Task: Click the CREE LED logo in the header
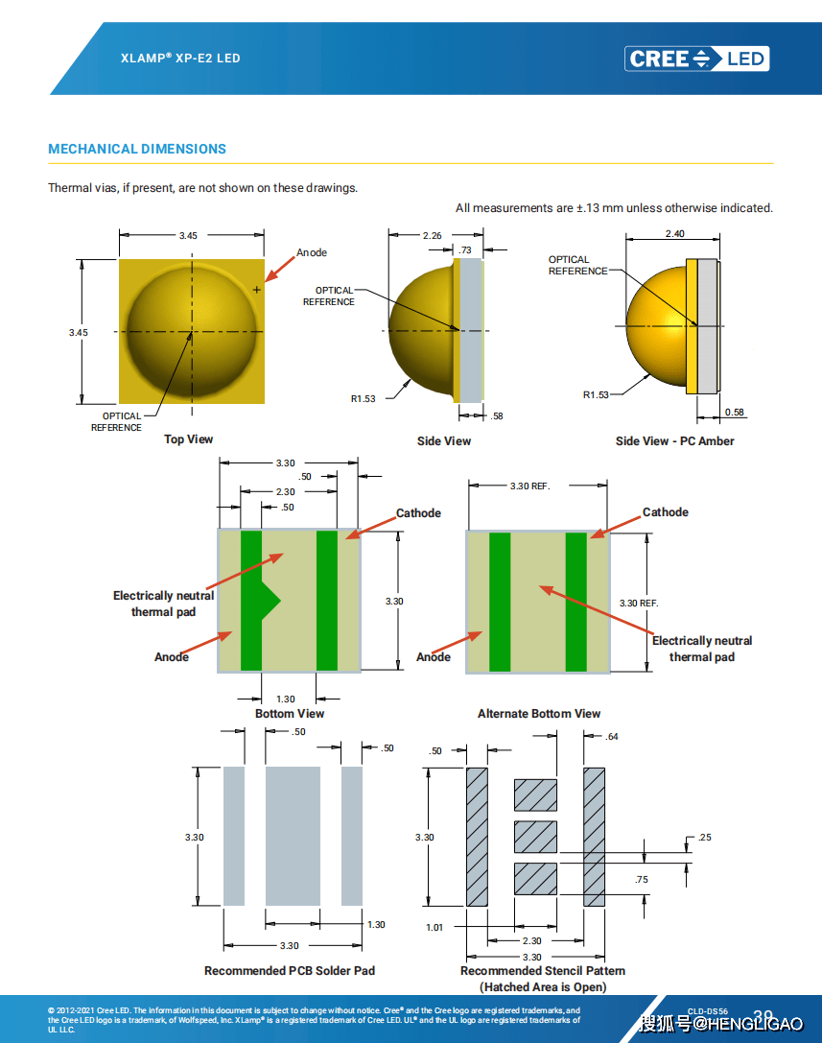(697, 59)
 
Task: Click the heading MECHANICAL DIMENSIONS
(137, 149)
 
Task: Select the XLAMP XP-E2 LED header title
(180, 59)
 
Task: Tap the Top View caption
(188, 439)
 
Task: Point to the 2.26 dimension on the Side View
(432, 235)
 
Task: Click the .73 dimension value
(465, 249)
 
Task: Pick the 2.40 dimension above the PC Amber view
(675, 234)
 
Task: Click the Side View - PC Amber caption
(675, 441)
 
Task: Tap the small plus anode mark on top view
(256, 289)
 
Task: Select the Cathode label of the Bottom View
(419, 513)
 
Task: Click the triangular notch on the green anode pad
(271, 601)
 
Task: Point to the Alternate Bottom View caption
(539, 714)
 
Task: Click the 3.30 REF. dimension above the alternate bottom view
(529, 486)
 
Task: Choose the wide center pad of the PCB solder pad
(293, 836)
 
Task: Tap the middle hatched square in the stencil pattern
(535, 837)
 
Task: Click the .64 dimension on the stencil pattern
(612, 737)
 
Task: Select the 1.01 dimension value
(434, 927)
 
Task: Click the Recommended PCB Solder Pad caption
(290, 971)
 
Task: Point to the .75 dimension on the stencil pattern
(642, 880)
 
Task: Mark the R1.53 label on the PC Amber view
(596, 394)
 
